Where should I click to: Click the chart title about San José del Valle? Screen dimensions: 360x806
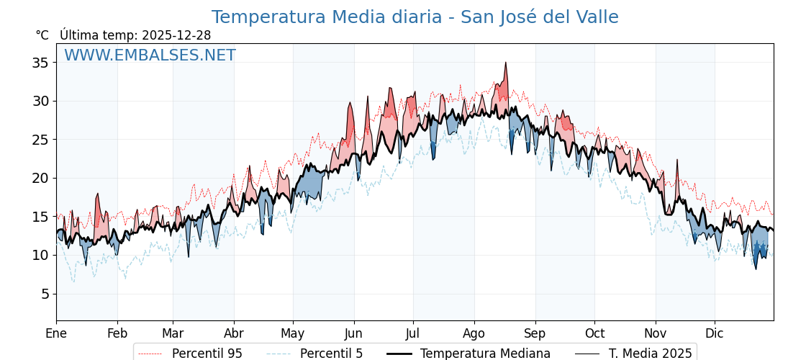[415, 17]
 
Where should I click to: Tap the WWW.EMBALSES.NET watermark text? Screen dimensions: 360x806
[150, 55]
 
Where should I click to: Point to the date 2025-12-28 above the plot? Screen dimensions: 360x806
[176, 35]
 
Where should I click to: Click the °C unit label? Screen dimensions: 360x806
[42, 35]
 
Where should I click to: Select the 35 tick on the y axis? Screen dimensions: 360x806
[40, 63]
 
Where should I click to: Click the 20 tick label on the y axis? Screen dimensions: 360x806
[40, 178]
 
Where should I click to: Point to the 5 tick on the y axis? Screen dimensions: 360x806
[44, 294]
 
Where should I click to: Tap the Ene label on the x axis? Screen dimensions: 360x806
[56, 333]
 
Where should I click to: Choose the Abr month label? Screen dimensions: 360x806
[234, 333]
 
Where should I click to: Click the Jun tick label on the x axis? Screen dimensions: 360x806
[353, 333]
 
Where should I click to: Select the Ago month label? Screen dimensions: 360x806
[474, 333]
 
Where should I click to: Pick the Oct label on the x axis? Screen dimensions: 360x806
[594, 333]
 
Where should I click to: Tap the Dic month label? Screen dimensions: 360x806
[715, 333]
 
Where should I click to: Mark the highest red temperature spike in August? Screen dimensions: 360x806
[506, 63]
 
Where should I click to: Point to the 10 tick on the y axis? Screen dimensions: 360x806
[40, 255]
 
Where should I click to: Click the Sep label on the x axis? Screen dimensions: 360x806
[535, 333]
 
